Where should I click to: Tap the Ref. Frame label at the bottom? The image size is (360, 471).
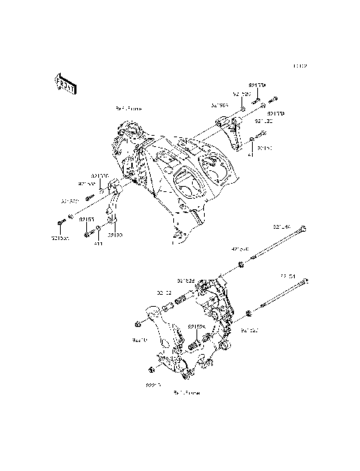click(185, 391)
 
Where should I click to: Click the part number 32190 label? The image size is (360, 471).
click(115, 235)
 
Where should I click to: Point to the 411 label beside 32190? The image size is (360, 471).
click(97, 244)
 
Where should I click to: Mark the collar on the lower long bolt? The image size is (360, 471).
click(248, 310)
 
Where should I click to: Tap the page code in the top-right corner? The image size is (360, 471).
click(300, 65)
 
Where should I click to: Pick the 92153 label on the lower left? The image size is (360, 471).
click(86, 220)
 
